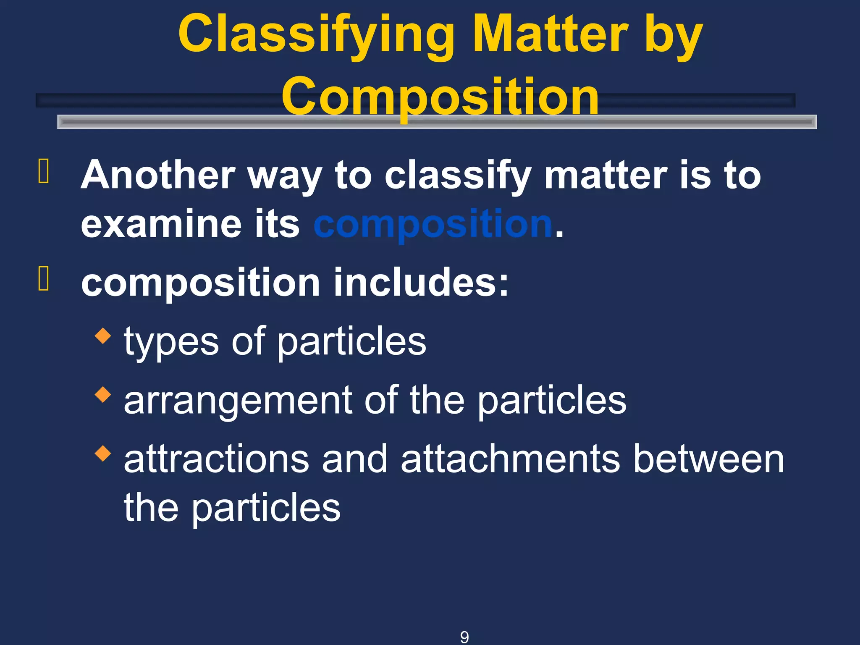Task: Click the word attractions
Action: pos(217,459)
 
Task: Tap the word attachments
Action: pos(510,459)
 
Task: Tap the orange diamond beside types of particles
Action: pos(103,336)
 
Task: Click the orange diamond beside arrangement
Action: pos(103,394)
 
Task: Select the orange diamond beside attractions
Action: pos(103,453)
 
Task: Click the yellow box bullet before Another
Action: pos(44,171)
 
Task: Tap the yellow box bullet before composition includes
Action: pos(44,278)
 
